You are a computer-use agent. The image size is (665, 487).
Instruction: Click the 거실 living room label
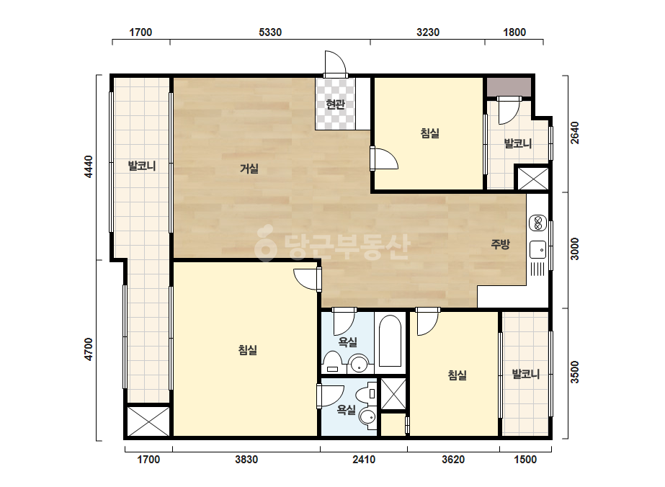249,169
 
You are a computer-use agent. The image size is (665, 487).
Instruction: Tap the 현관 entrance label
335,104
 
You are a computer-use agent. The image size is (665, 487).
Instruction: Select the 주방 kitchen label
500,244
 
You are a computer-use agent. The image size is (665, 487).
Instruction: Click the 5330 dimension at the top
270,32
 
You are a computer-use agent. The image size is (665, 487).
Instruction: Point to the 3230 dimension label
428,32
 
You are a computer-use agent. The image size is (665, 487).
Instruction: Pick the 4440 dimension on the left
88,166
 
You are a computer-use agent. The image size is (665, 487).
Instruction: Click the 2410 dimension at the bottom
364,460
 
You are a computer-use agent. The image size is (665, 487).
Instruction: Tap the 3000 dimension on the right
574,249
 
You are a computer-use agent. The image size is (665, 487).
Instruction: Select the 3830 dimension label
246,460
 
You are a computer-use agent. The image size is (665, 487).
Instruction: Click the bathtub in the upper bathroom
390,341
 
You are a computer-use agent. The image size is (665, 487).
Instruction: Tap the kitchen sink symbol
537,249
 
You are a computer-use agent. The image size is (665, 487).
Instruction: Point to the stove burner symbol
537,223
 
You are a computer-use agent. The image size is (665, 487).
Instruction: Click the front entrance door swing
336,63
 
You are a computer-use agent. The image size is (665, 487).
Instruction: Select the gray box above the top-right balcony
509,87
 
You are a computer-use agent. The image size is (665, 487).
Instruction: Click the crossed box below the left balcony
148,421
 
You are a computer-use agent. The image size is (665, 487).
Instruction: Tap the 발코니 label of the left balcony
142,166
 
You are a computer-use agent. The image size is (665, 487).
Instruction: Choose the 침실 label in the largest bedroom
248,350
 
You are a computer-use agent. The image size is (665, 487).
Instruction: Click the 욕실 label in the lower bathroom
346,409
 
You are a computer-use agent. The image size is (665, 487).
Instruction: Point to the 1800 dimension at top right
514,32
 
